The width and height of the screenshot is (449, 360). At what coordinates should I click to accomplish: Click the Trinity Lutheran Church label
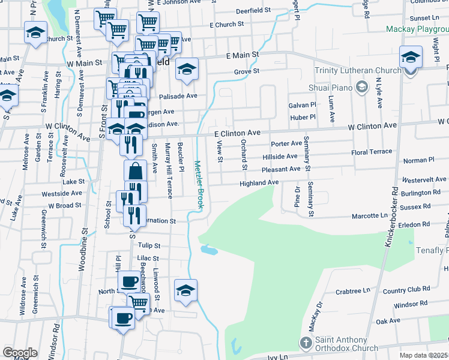pyautogui.click(x=358, y=71)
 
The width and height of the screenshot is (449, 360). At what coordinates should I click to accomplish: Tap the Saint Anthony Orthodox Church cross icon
pyautogui.click(x=306, y=343)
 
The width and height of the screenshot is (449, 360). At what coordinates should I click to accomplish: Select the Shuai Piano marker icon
pyautogui.click(x=361, y=88)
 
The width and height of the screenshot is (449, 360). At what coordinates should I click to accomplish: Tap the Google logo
pyautogui.click(x=20, y=353)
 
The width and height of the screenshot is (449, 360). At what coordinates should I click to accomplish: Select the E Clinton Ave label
pyautogui.click(x=238, y=132)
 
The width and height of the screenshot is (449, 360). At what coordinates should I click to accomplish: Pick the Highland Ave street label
pyautogui.click(x=259, y=182)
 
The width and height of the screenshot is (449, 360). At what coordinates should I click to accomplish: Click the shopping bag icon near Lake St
pyautogui.click(x=135, y=170)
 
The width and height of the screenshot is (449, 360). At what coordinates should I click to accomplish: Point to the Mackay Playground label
pyautogui.click(x=417, y=28)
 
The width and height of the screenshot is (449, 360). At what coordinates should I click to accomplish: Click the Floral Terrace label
pyautogui.click(x=372, y=152)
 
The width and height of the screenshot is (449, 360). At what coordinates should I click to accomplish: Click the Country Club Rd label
pyautogui.click(x=406, y=290)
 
